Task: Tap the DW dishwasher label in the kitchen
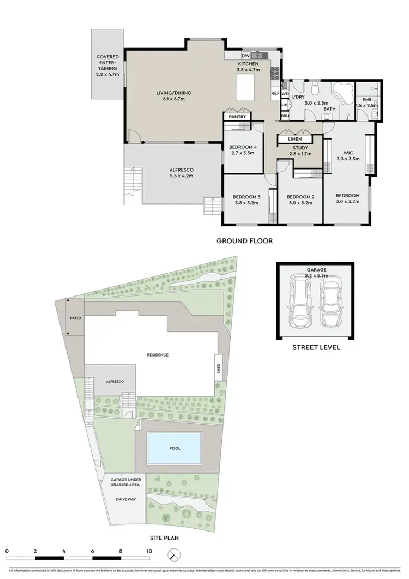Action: coord(245,56)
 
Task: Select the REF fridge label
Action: coord(275,93)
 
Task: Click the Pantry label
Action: coord(238,117)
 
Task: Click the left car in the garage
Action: coord(299,303)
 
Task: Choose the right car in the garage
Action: coord(332,303)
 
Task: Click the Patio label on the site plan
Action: coord(75,317)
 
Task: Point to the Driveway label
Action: coord(125,499)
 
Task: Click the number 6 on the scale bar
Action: coord(93,551)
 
